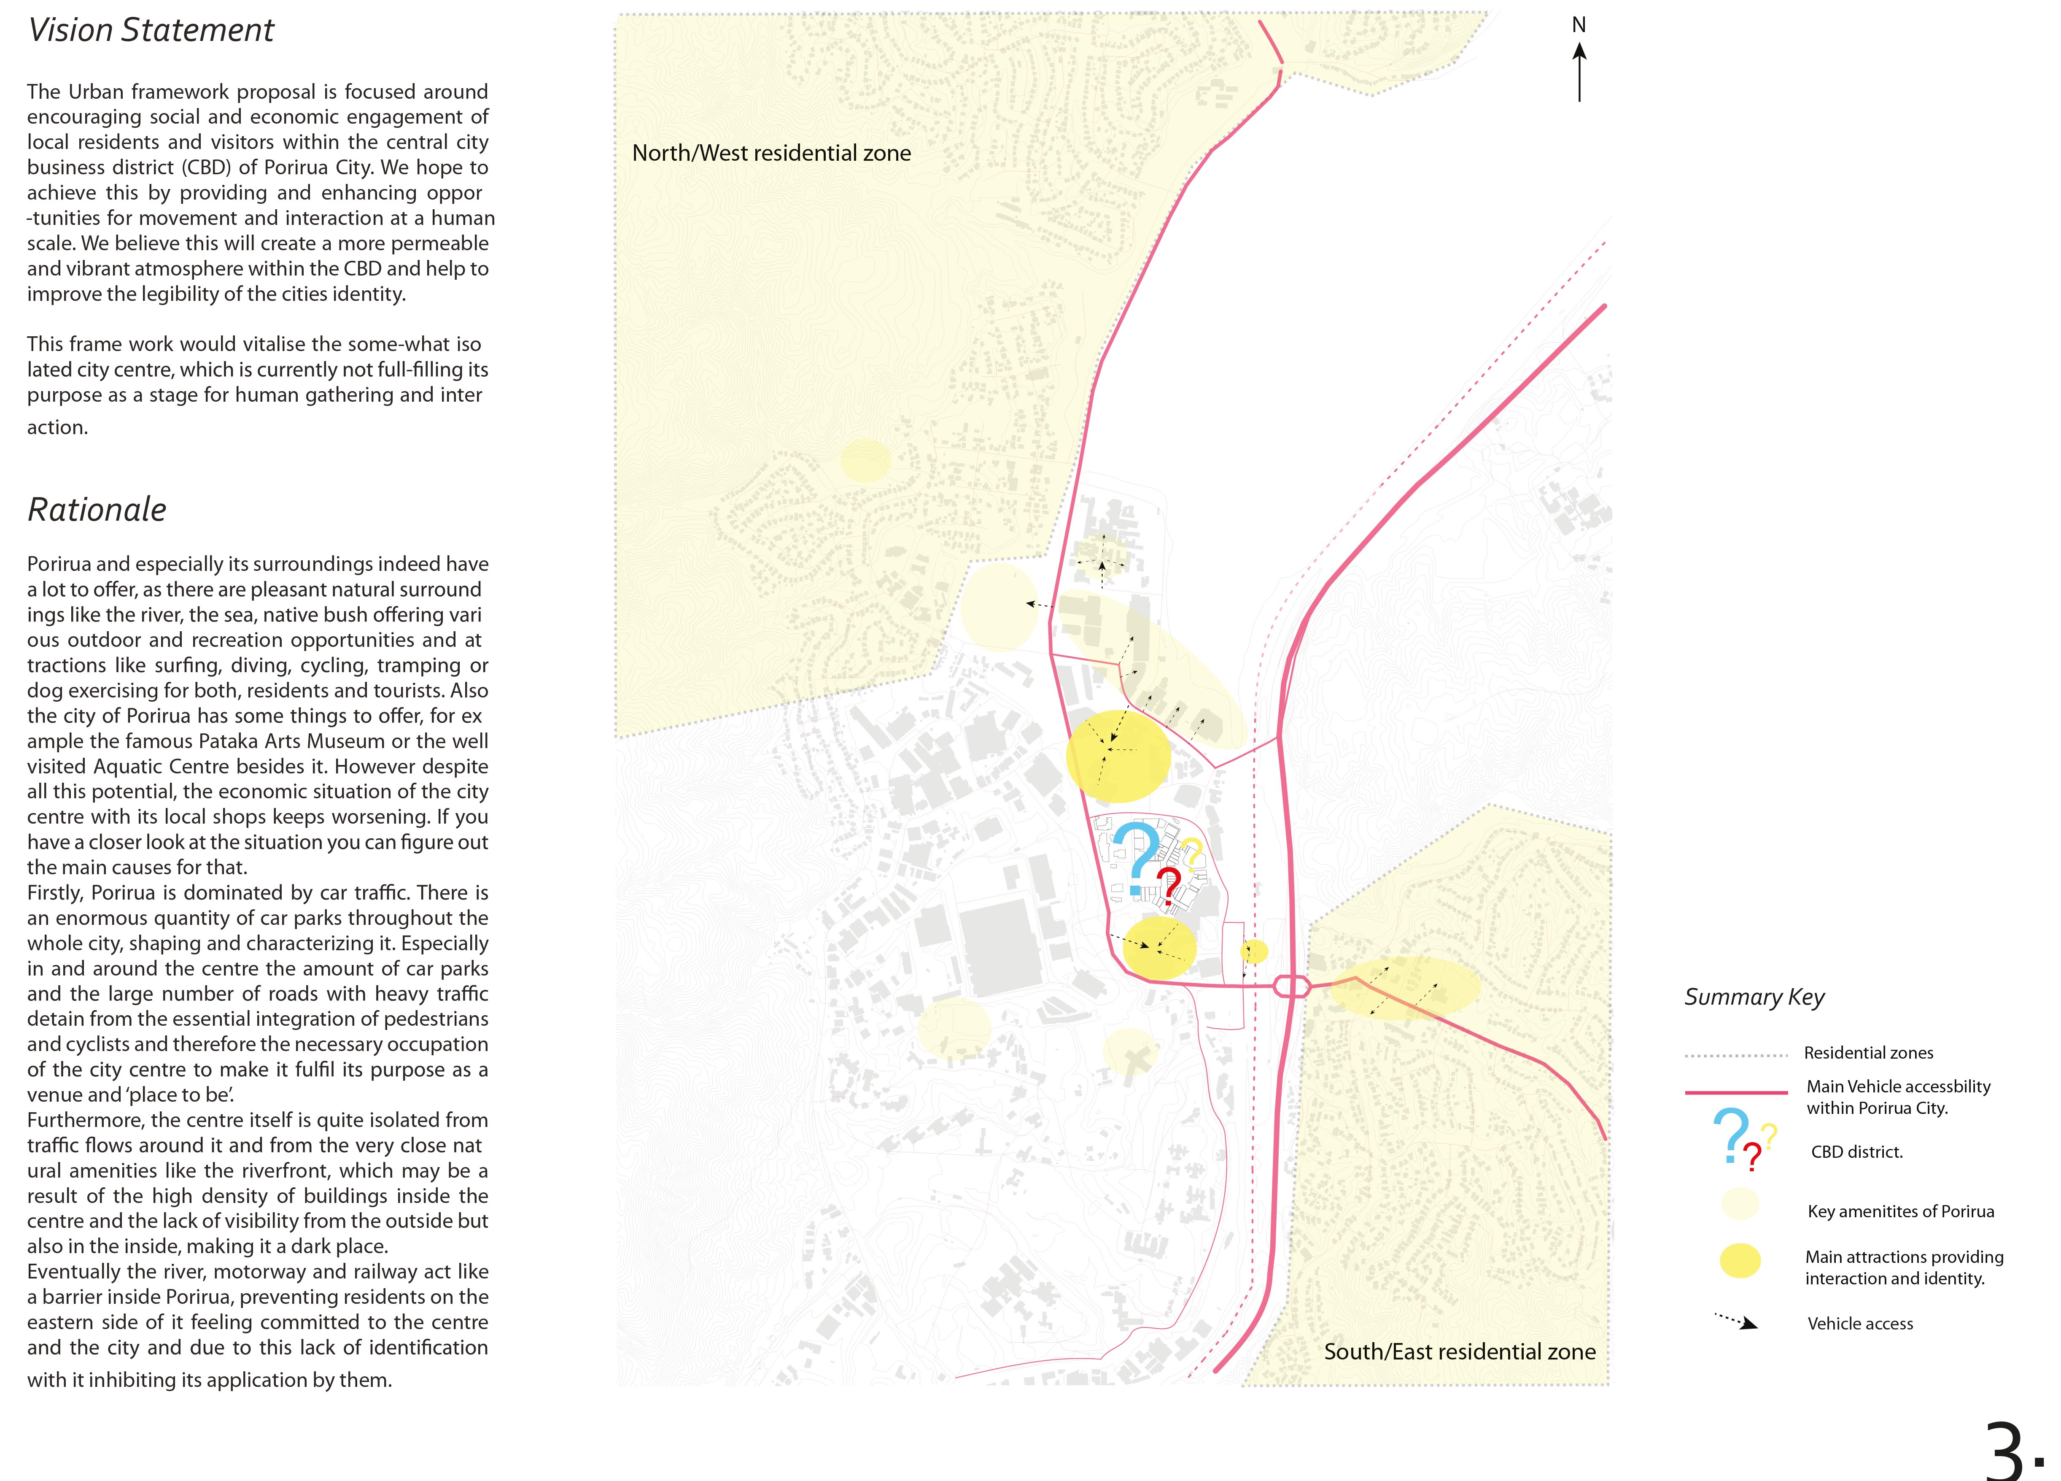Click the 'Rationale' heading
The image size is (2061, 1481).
pyautogui.click(x=97, y=510)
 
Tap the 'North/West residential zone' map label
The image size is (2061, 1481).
pyautogui.click(x=771, y=153)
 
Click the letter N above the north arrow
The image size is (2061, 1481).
pyautogui.click(x=1579, y=25)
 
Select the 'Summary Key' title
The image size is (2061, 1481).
pyautogui.click(x=1754, y=997)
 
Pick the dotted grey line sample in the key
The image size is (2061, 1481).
pyautogui.click(x=1736, y=1056)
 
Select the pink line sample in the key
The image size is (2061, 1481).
pyautogui.click(x=1736, y=1092)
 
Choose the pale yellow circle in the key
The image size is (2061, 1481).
pyautogui.click(x=1739, y=1205)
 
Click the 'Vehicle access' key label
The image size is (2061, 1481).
pyautogui.click(x=1859, y=1324)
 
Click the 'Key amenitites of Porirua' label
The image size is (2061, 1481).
pyautogui.click(x=1900, y=1211)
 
